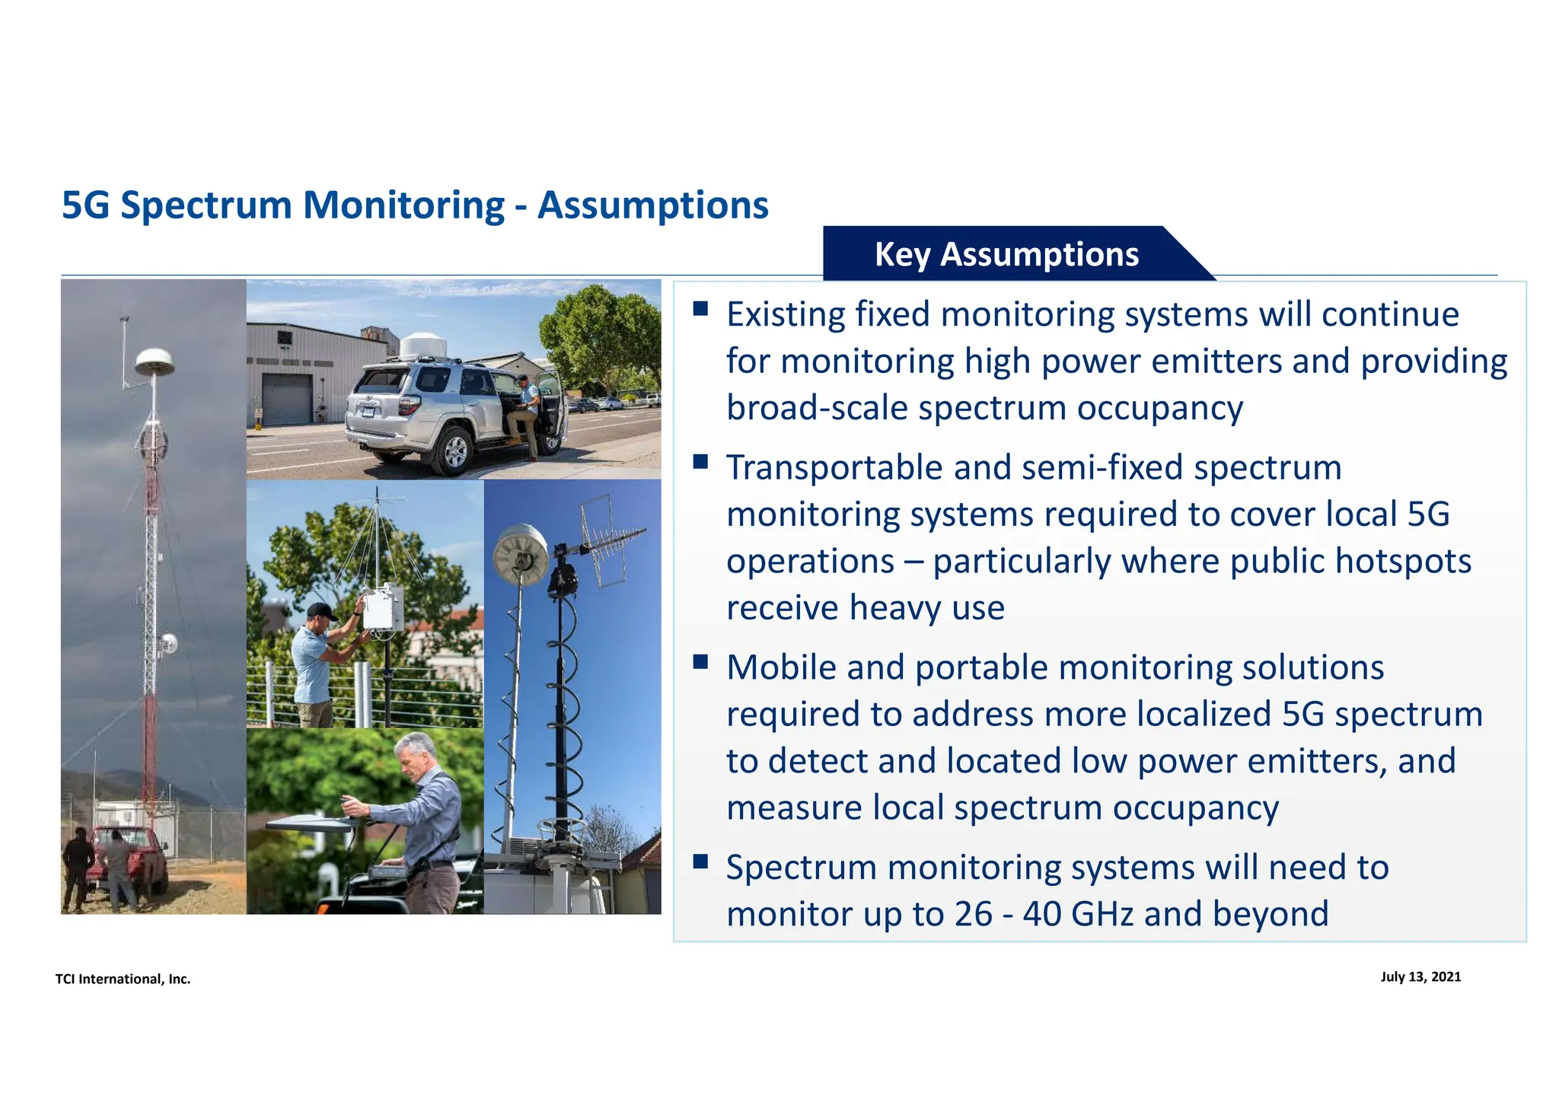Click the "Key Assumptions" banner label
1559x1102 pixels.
pyautogui.click(x=1006, y=254)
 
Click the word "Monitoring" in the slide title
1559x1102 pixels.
pyautogui.click(x=403, y=205)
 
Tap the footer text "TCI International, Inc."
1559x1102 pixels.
pyautogui.click(x=123, y=979)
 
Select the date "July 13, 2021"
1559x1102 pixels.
pyautogui.click(x=1420, y=976)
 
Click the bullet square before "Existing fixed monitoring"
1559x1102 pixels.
pyautogui.click(x=700, y=308)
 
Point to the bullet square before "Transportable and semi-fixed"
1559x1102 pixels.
pyautogui.click(x=700, y=461)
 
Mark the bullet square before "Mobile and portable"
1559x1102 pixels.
pyautogui.click(x=700, y=661)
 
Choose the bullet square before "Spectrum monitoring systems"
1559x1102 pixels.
pyautogui.click(x=700, y=862)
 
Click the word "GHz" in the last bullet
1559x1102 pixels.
pyautogui.click(x=1102, y=913)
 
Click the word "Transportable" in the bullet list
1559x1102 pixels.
pyautogui.click(x=834, y=467)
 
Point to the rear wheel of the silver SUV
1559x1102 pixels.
pyautogui.click(x=454, y=451)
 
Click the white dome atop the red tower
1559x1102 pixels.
pyautogui.click(x=155, y=361)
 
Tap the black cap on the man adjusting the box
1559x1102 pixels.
pyautogui.click(x=320, y=611)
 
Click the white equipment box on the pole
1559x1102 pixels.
pyautogui.click(x=382, y=607)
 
